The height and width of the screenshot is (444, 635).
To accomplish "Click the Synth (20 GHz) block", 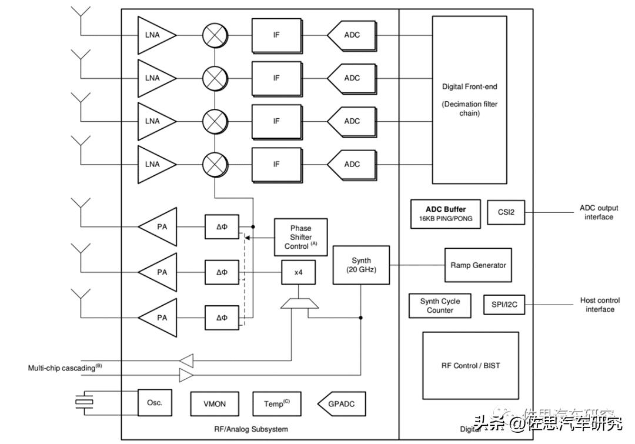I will tap(361, 265).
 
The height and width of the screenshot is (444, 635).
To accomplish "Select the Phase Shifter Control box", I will tap(300, 237).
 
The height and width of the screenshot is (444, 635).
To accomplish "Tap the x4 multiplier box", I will tap(298, 272).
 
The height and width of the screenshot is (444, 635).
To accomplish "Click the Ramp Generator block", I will tap(477, 265).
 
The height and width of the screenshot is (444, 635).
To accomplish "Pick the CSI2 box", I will tap(506, 212).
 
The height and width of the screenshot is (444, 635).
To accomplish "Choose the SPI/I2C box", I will tap(504, 305).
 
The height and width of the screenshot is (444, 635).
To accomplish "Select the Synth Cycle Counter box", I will tap(440, 305).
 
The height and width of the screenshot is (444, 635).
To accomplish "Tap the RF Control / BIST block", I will tap(470, 365).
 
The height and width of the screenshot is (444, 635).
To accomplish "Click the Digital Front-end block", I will tap(469, 99).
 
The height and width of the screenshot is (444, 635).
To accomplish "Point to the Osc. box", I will tap(155, 403).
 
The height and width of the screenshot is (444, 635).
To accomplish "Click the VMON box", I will tap(214, 404).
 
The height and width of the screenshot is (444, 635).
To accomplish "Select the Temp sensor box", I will tap(276, 404).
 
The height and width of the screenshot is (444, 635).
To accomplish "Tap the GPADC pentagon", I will tap(340, 404).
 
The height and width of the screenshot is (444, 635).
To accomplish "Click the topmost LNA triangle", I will tap(154, 35).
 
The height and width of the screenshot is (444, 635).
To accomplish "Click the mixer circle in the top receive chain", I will tap(215, 35).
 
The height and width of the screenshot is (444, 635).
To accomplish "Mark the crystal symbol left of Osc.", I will tap(85, 402).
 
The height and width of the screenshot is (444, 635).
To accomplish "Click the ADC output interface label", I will tap(599, 212).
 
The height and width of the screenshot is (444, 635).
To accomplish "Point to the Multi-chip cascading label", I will tap(65, 368).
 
